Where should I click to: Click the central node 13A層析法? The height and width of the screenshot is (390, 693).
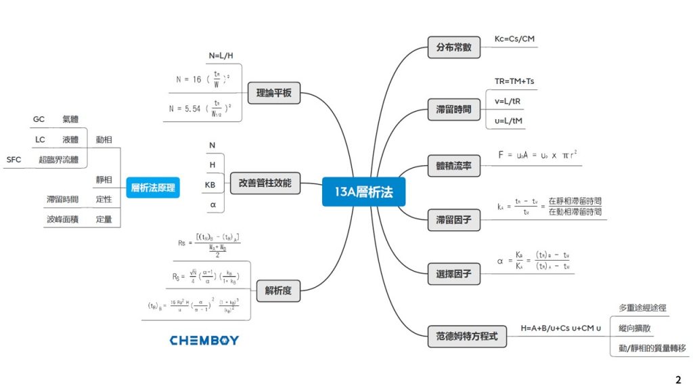click(363, 193)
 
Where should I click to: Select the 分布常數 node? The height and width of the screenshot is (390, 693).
click(453, 48)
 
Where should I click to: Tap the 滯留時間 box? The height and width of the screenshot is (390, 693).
click(453, 108)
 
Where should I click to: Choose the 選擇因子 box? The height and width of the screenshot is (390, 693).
click(453, 274)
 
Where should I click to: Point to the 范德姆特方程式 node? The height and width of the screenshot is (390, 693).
click(467, 335)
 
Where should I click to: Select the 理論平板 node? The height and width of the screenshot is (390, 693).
click(273, 93)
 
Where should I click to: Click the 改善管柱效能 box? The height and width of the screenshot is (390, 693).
click(265, 182)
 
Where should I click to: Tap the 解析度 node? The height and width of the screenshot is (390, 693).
click(278, 292)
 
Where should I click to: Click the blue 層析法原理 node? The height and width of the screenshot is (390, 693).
click(152, 188)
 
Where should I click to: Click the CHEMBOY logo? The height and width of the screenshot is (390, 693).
click(204, 340)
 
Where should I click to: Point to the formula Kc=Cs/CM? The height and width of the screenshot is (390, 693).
click(514, 39)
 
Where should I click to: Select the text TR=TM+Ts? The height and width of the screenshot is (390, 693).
click(515, 81)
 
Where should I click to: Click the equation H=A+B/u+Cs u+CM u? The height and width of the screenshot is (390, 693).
click(560, 329)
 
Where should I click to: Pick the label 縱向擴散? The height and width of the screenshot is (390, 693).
click(635, 328)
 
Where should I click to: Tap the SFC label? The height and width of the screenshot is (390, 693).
click(14, 160)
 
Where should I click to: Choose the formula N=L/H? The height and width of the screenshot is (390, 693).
click(221, 56)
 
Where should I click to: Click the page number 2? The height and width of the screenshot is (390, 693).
click(678, 379)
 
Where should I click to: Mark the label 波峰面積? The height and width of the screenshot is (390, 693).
click(62, 219)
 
